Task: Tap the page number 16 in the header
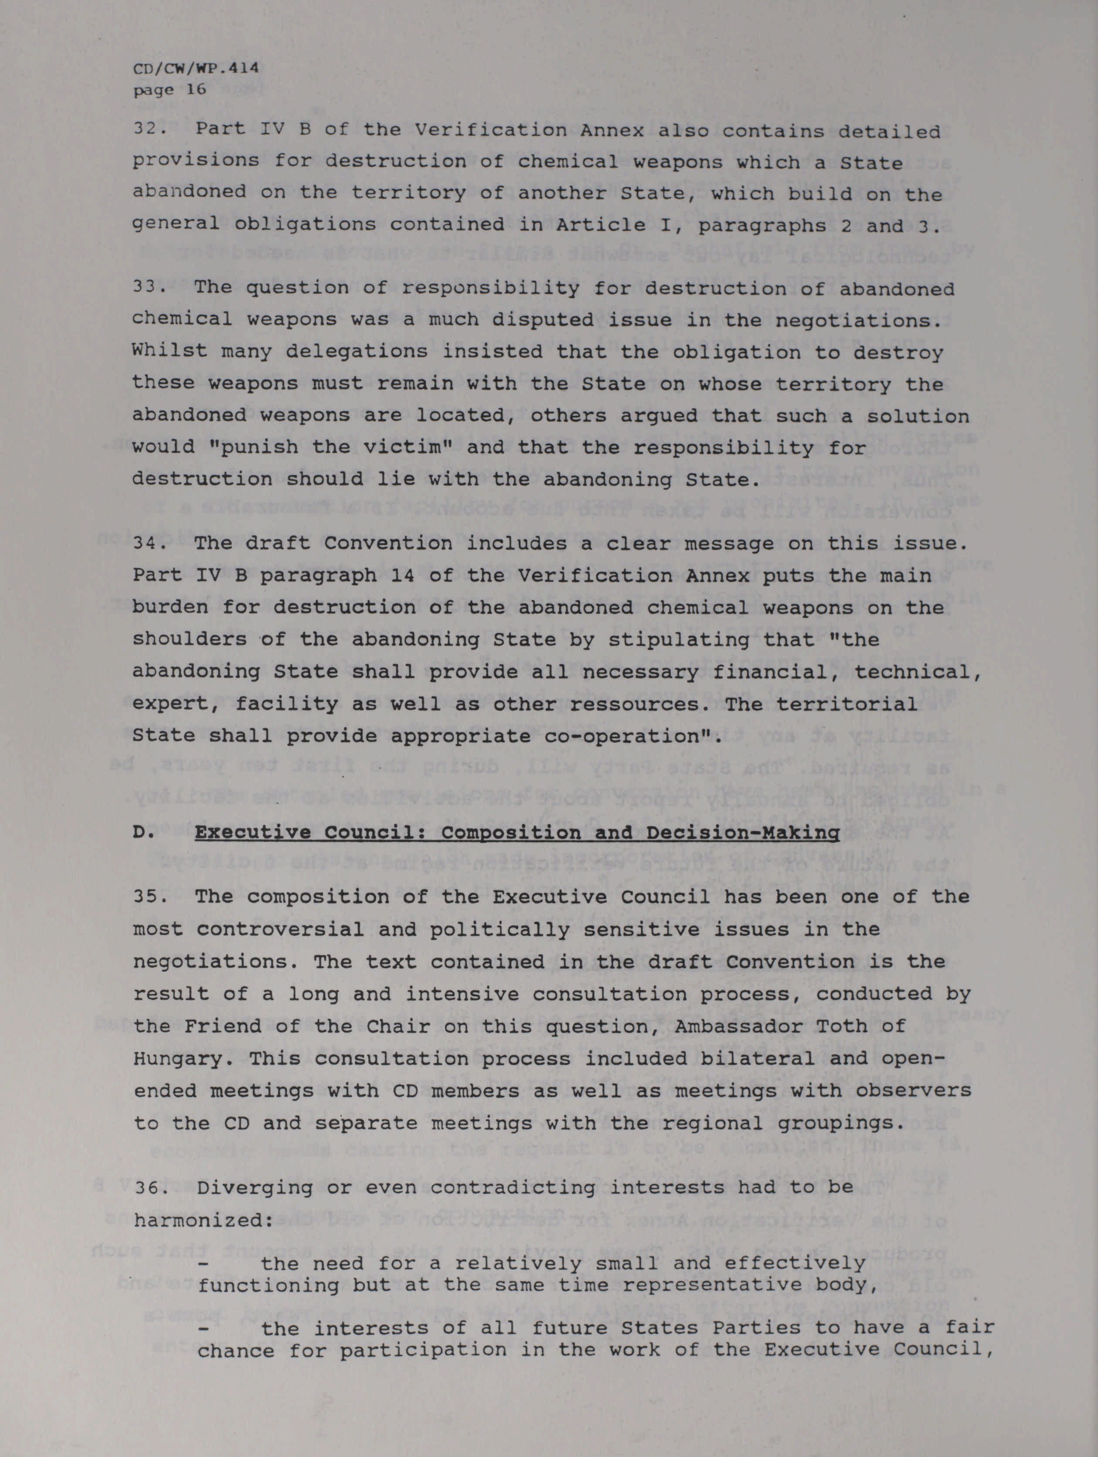click(196, 89)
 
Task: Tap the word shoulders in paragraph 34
click(190, 640)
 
